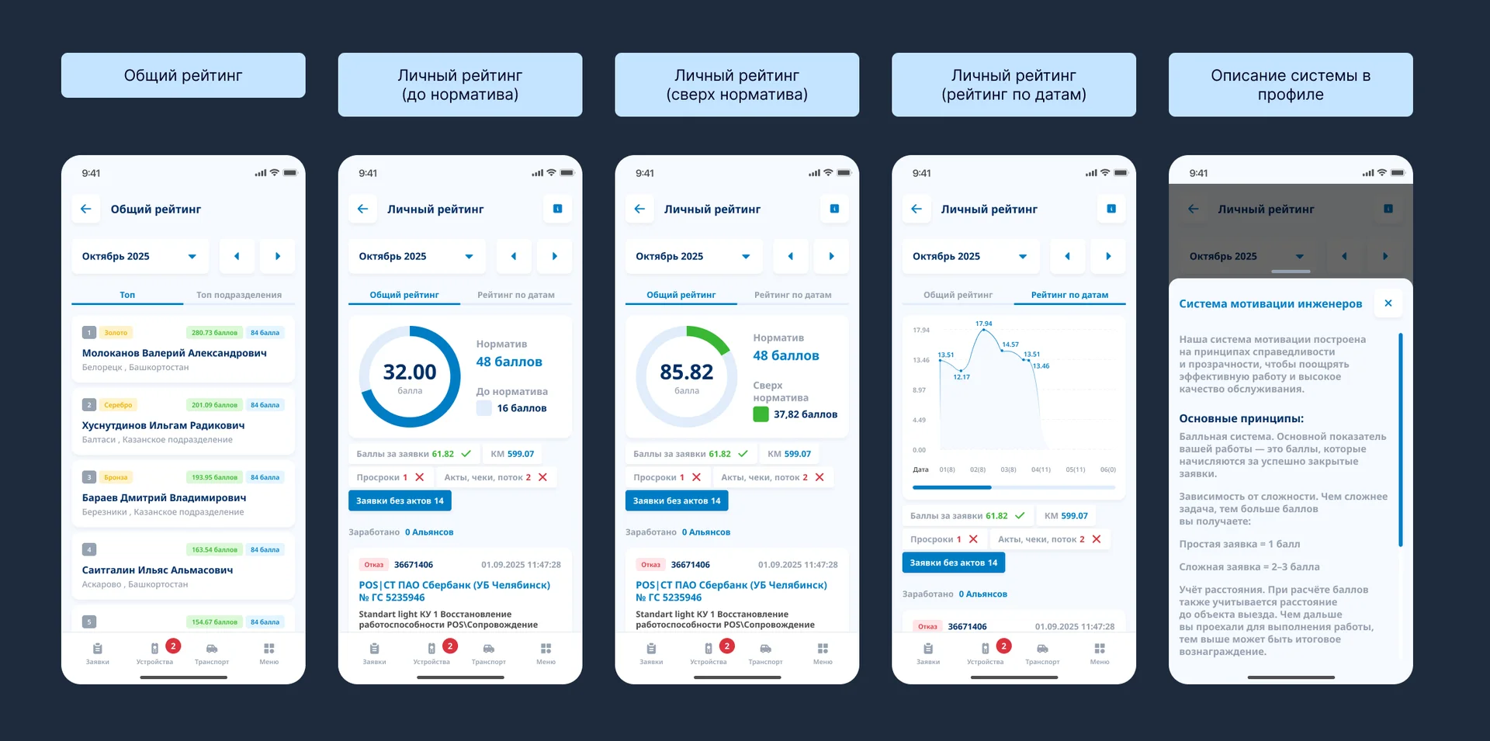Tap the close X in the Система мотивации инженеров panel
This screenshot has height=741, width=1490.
tap(1388, 303)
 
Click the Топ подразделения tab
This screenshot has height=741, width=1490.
tap(238, 295)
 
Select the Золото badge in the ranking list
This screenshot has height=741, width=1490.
tap(116, 333)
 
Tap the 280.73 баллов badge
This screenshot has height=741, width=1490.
tap(214, 333)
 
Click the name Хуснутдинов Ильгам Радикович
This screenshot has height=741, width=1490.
tap(163, 425)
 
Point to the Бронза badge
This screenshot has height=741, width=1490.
tap(116, 477)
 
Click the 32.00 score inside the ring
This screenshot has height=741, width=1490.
tap(410, 372)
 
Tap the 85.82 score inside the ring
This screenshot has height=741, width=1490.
tap(687, 372)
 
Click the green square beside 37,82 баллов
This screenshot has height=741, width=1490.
tap(761, 414)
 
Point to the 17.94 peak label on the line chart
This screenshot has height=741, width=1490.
tap(983, 324)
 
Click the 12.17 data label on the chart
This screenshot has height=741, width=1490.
tap(962, 377)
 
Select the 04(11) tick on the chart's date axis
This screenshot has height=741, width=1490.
tap(1041, 469)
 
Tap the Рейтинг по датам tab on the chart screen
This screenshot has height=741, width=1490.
tap(1069, 295)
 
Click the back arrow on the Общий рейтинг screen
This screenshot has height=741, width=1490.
tap(86, 209)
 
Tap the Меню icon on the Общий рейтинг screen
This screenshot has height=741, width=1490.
tap(269, 653)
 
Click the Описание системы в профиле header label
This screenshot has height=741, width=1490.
tap(1291, 85)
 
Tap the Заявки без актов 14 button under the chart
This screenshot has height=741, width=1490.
tap(953, 563)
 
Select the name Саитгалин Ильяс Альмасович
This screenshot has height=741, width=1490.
tap(158, 570)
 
